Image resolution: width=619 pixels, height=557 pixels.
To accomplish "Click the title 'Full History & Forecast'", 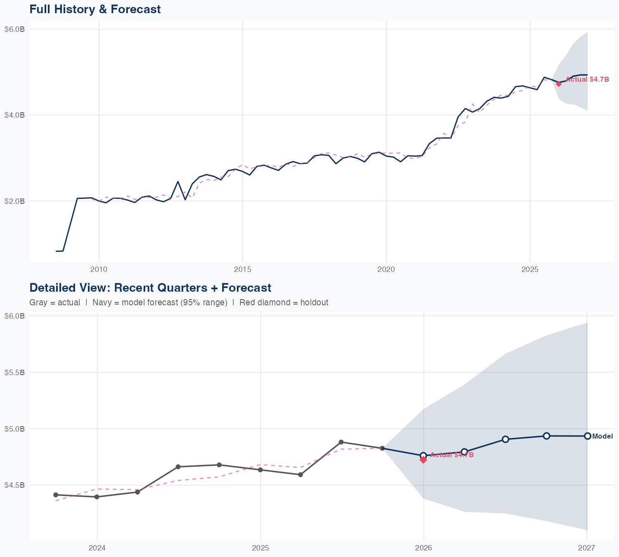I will click(95, 9).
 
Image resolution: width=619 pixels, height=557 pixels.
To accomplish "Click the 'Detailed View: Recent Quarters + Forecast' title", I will click(150, 288).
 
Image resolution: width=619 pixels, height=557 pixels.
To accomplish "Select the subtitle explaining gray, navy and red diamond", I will click(179, 302).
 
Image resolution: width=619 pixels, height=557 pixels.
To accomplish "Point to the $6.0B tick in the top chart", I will click(14, 29).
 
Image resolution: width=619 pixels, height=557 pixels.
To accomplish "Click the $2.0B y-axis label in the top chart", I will click(14, 201).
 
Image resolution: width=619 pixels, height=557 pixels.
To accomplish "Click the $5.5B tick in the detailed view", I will click(14, 372).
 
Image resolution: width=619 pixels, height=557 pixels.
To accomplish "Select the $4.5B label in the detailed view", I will click(14, 485).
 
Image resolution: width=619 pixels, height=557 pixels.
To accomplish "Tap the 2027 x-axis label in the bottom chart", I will click(586, 548).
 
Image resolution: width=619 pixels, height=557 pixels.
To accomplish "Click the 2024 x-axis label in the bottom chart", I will click(97, 548).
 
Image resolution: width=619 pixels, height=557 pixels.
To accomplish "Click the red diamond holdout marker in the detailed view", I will click(423, 460).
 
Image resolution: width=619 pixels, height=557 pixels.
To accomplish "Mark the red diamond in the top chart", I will click(559, 84).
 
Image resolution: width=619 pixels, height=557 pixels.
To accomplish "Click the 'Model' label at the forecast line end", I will click(602, 436).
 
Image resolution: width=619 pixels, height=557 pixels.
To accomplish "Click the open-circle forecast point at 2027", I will click(588, 436).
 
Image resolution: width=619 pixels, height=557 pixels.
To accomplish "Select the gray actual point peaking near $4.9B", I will click(341, 442).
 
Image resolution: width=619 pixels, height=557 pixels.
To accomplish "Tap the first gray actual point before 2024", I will click(56, 495).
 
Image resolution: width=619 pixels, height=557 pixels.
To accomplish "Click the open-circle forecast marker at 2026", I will click(423, 455).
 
